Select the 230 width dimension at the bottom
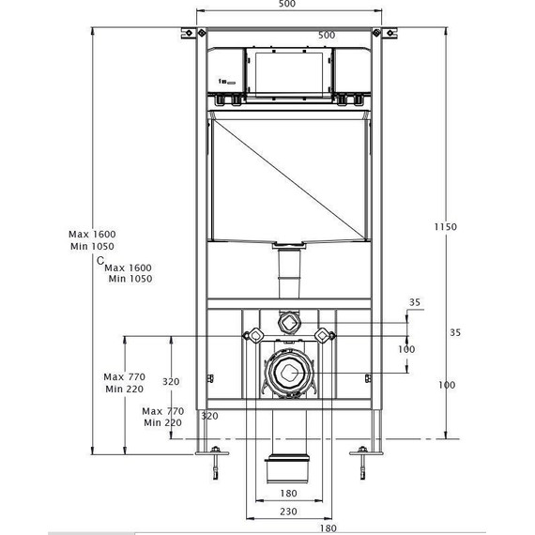(x=288, y=511)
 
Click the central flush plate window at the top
(x=286, y=70)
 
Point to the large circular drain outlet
(x=288, y=374)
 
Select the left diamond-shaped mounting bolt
(x=252, y=335)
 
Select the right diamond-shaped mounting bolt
(x=323, y=335)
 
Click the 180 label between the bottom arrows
(x=288, y=494)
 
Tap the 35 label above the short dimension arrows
(x=415, y=302)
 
